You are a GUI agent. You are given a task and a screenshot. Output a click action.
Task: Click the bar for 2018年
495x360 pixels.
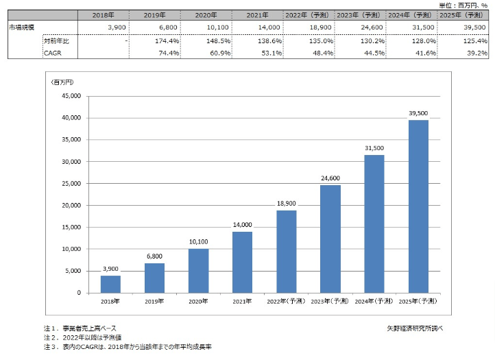(x=110, y=284)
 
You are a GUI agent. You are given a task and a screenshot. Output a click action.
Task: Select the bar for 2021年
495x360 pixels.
(x=242, y=262)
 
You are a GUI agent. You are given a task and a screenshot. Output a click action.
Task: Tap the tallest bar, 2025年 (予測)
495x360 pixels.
(x=418, y=206)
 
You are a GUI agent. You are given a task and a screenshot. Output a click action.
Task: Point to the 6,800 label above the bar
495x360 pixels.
(x=154, y=257)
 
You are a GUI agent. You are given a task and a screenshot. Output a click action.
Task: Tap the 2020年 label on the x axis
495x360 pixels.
(x=198, y=301)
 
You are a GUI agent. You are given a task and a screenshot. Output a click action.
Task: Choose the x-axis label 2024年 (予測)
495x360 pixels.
(x=374, y=301)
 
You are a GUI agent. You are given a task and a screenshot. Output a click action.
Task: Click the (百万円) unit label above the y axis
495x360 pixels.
(x=63, y=82)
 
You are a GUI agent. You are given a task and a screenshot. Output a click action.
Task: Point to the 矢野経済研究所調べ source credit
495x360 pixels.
(x=415, y=328)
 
